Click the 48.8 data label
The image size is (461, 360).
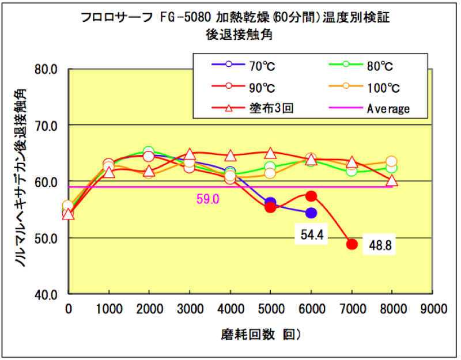tap(381, 245)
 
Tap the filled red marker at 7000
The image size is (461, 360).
tap(352, 244)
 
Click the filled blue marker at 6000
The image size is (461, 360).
tap(311, 213)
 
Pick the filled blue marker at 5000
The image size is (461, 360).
tap(270, 203)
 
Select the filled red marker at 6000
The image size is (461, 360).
tap(311, 196)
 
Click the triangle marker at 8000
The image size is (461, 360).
tap(392, 181)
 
